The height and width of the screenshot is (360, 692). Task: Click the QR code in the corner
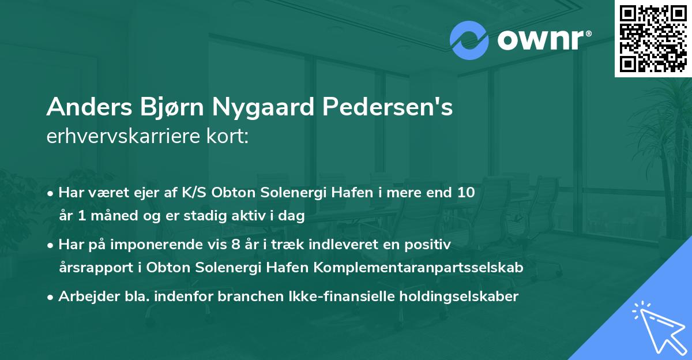pyautogui.click(x=653, y=38)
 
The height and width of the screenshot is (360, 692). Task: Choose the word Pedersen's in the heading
pyautogui.click(x=392, y=108)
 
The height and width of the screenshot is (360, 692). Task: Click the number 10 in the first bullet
pyautogui.click(x=465, y=193)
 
